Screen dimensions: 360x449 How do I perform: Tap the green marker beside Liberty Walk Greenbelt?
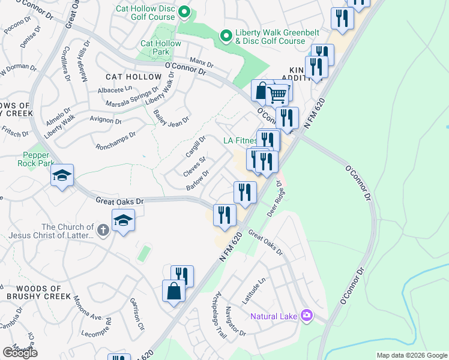pyautogui.click(x=226, y=37)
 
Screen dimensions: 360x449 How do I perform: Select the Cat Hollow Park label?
pyautogui.click(x=160, y=48)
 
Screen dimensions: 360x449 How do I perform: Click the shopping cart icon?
pyautogui.click(x=277, y=94)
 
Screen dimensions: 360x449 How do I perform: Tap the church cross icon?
pyautogui.click(x=103, y=230)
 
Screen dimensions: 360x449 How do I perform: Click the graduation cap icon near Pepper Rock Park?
pyautogui.click(x=62, y=175)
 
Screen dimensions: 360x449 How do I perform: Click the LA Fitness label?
pyautogui.click(x=240, y=141)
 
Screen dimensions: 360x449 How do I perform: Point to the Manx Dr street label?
pyautogui.click(x=201, y=62)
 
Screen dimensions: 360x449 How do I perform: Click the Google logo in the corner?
pyautogui.click(x=19, y=352)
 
